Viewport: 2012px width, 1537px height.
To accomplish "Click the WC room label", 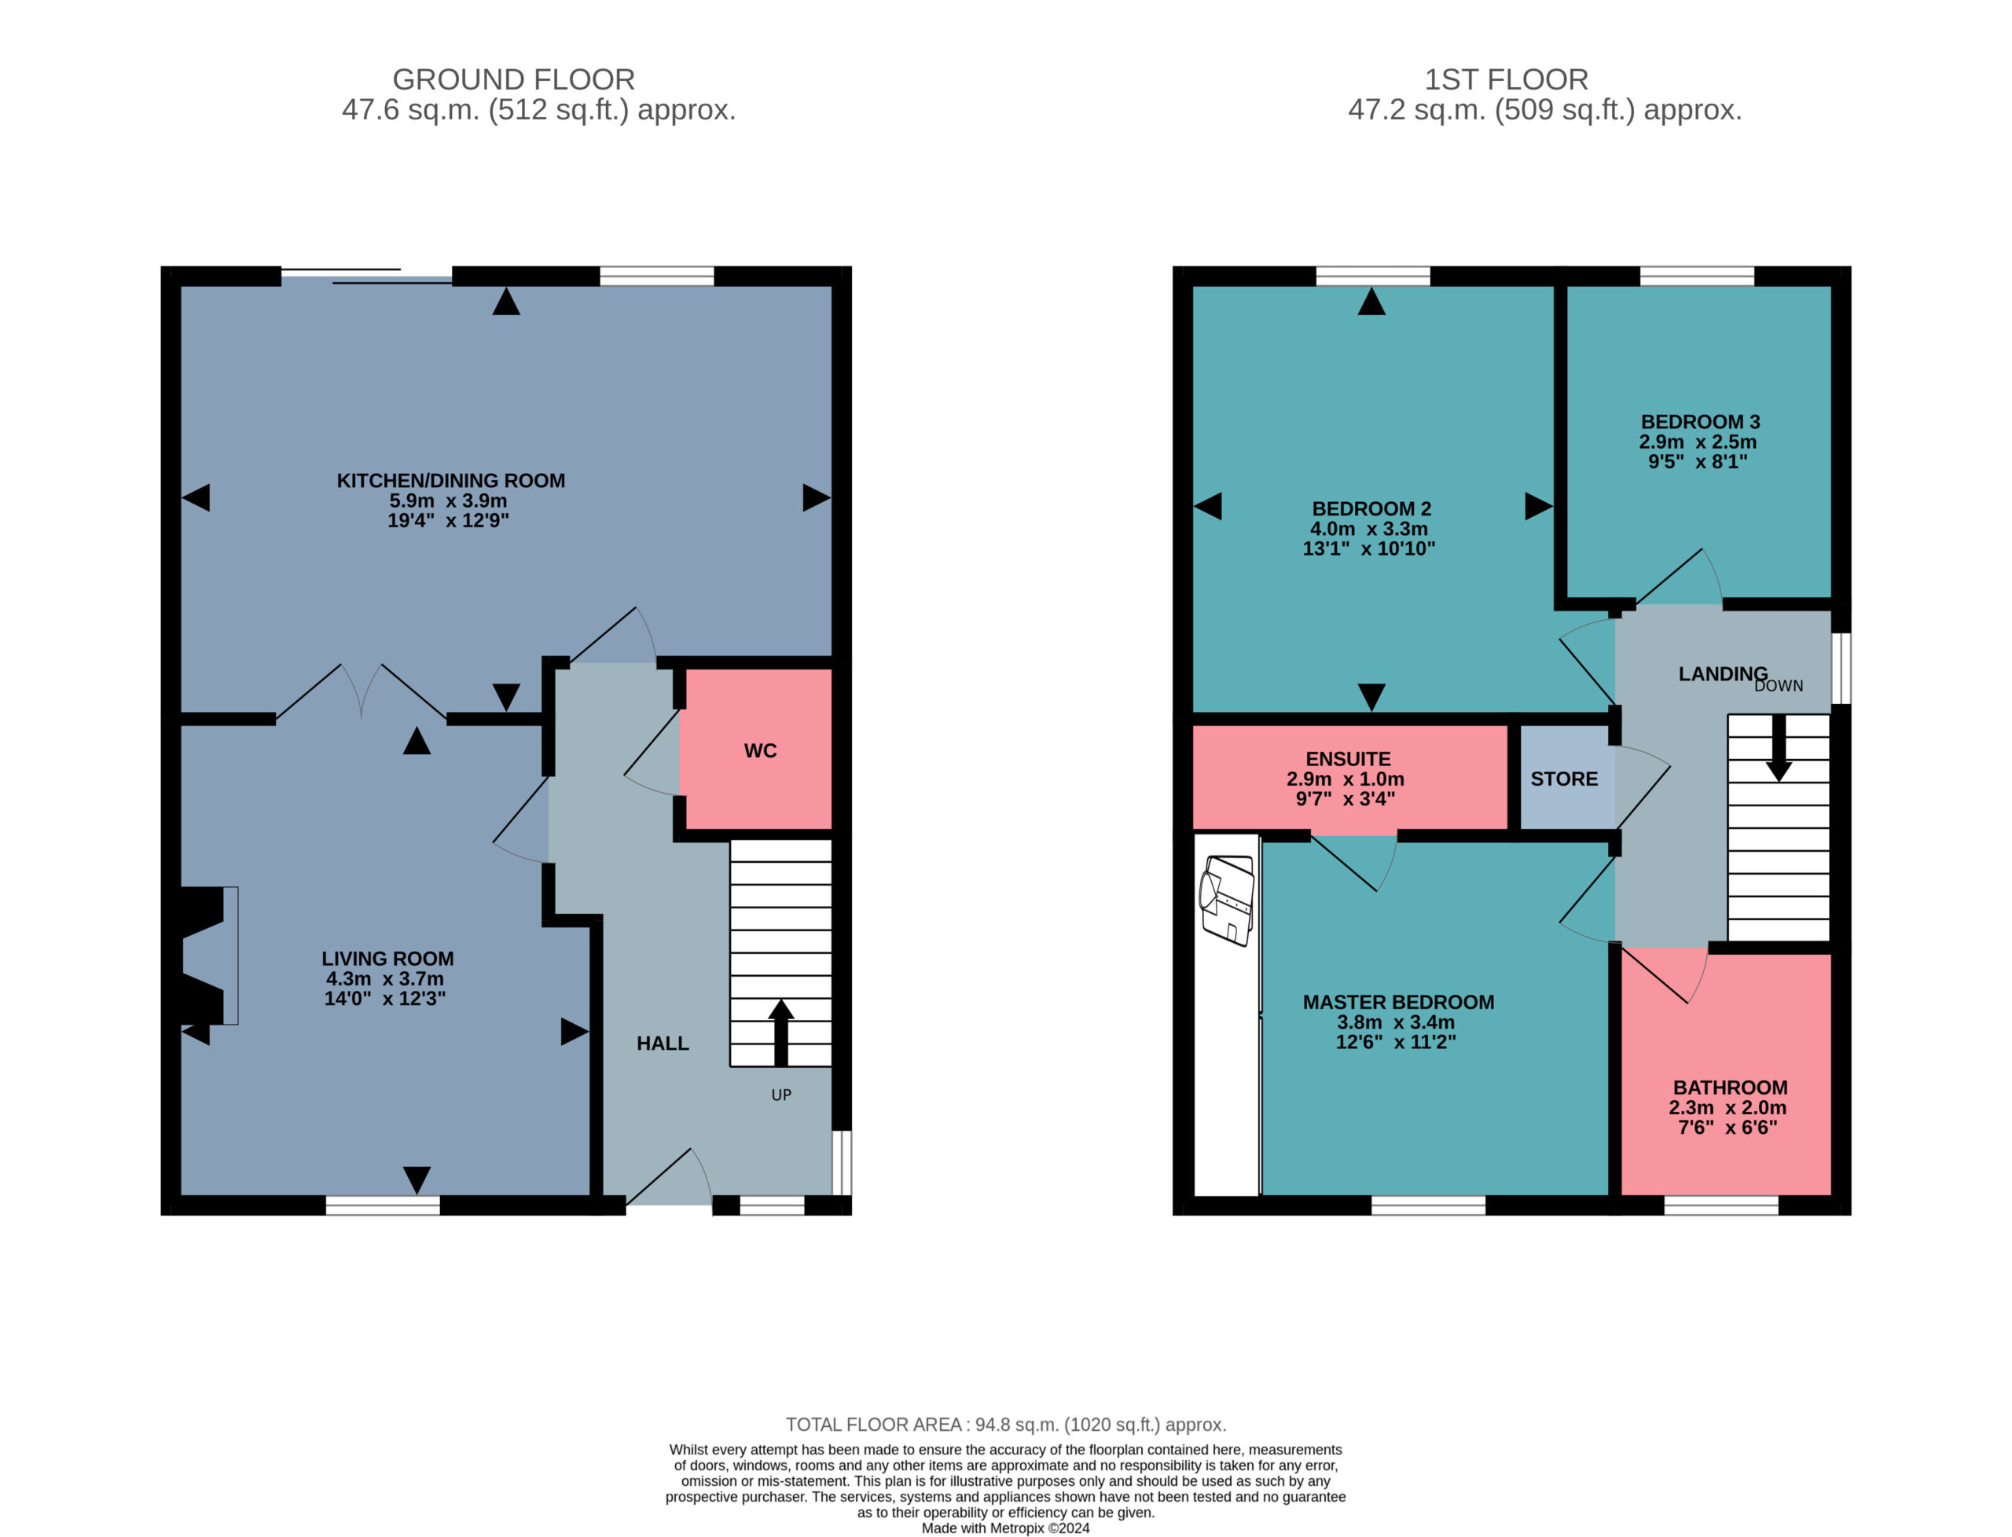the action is (x=759, y=751).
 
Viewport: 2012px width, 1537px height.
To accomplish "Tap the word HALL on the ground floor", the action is (x=663, y=1044).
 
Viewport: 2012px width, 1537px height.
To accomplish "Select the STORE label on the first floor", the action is (x=1564, y=780).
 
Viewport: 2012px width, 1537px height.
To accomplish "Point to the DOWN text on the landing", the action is (x=1778, y=686).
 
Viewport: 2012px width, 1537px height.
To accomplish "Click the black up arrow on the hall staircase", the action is (x=780, y=1033).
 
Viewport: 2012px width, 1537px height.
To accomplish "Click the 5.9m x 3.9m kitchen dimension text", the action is (x=448, y=501).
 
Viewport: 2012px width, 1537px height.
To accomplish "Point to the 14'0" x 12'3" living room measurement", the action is (x=384, y=999).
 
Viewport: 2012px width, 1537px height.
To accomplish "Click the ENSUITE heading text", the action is (x=1348, y=759).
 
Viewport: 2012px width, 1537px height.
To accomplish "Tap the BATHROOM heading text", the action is (x=1730, y=1088).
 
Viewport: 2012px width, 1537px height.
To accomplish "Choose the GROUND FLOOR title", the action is (x=513, y=79).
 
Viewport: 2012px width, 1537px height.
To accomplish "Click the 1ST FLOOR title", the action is (x=1506, y=79).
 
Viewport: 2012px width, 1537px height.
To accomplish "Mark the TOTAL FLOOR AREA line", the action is (x=1005, y=1425).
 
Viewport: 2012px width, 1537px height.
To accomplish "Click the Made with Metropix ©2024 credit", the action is (x=1005, y=1528).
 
